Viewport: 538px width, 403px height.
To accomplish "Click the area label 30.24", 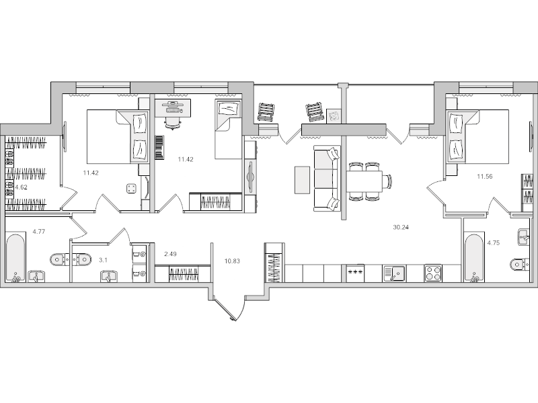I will pyautogui.click(x=401, y=227).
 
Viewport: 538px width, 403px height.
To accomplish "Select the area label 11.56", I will pyautogui.click(x=484, y=176).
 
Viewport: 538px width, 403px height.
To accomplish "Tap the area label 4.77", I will pyautogui.click(x=39, y=233).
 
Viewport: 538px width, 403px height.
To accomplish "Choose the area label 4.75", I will pyautogui.click(x=494, y=243).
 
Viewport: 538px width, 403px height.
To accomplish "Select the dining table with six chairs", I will pyautogui.click(x=366, y=181).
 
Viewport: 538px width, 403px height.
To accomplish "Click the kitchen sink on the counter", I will pyautogui.click(x=393, y=273).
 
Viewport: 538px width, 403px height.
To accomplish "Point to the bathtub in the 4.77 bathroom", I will pyautogui.click(x=15, y=258).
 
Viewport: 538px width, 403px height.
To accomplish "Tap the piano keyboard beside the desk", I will pyautogui.click(x=159, y=148).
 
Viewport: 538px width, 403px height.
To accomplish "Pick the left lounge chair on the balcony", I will pyautogui.click(x=267, y=111).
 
